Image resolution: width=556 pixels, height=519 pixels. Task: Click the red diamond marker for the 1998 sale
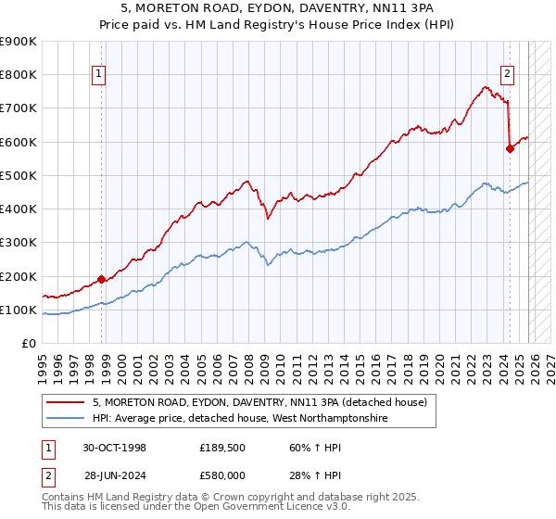tap(101, 278)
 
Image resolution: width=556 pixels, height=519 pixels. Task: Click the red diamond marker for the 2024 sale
tap(510, 147)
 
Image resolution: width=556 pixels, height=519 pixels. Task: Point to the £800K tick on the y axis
tap(19, 74)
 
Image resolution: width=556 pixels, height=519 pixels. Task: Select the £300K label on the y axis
tap(19, 242)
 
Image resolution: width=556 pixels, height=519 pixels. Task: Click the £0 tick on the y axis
tap(28, 343)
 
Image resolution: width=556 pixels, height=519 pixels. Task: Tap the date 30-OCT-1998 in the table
tap(111, 448)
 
